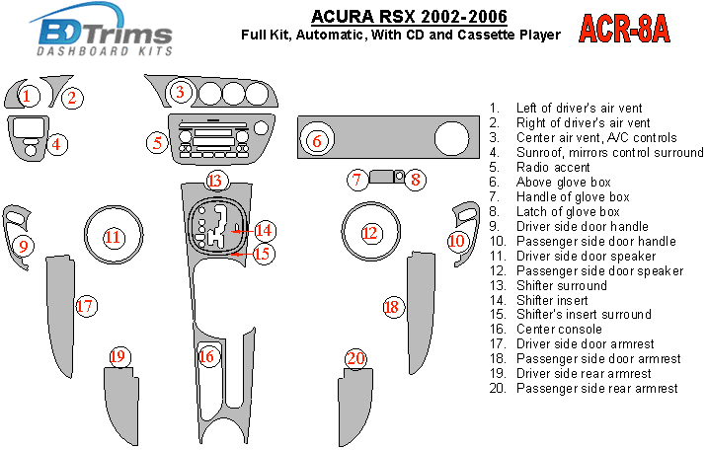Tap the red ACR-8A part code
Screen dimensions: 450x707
point(623,30)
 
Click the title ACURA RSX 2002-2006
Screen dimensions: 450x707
point(410,16)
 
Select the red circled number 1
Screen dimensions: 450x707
point(28,96)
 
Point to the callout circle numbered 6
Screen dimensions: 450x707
point(316,141)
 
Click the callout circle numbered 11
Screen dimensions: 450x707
point(114,237)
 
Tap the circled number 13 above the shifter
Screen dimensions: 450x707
point(215,180)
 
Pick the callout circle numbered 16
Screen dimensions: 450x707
point(207,356)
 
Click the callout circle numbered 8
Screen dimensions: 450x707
point(417,179)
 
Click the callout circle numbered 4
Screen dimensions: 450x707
point(57,144)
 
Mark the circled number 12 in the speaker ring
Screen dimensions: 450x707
point(370,234)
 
